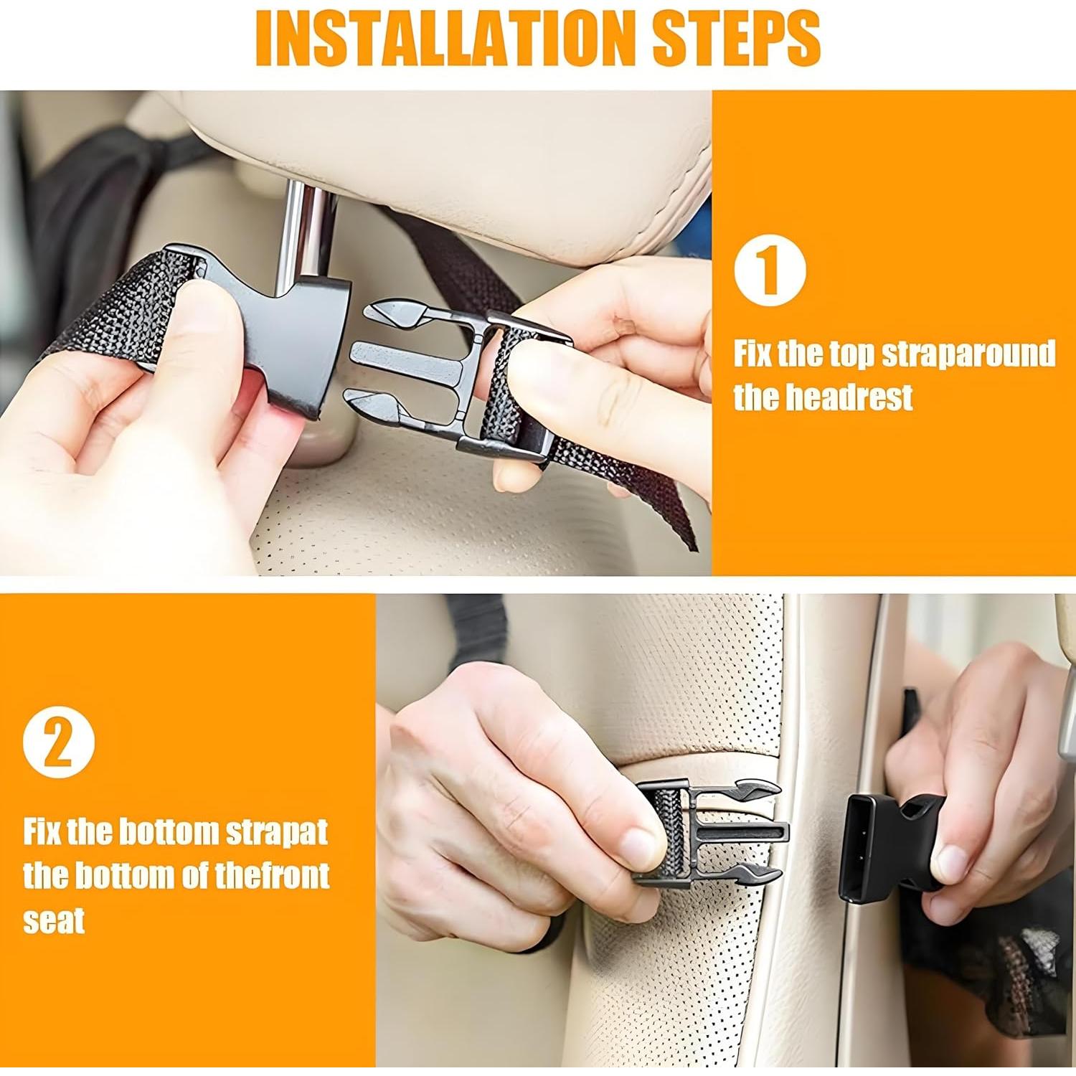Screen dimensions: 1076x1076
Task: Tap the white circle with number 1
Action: point(770,270)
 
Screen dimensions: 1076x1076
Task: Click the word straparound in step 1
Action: point(968,354)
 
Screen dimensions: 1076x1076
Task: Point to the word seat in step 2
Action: point(54,920)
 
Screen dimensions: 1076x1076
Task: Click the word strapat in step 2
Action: point(277,833)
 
